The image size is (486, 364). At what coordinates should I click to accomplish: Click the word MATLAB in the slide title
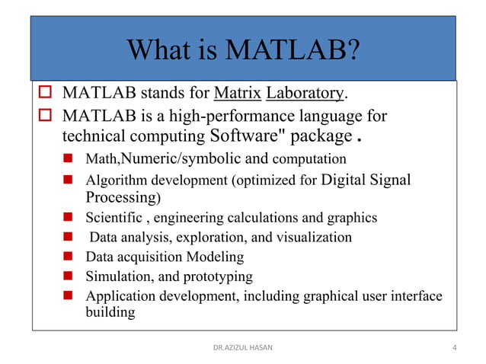(290, 50)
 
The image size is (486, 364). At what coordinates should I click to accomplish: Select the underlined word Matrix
(238, 94)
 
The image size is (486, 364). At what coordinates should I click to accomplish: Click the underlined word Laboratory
(305, 94)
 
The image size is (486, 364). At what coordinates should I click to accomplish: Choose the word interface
(414, 295)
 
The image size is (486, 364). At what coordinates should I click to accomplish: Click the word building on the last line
(110, 312)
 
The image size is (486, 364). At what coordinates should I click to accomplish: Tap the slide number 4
(455, 348)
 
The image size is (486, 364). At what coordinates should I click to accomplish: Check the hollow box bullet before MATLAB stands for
(44, 94)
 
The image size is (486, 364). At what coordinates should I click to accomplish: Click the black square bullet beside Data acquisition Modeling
(68, 257)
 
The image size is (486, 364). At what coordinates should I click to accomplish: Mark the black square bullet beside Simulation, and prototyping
(68, 276)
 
